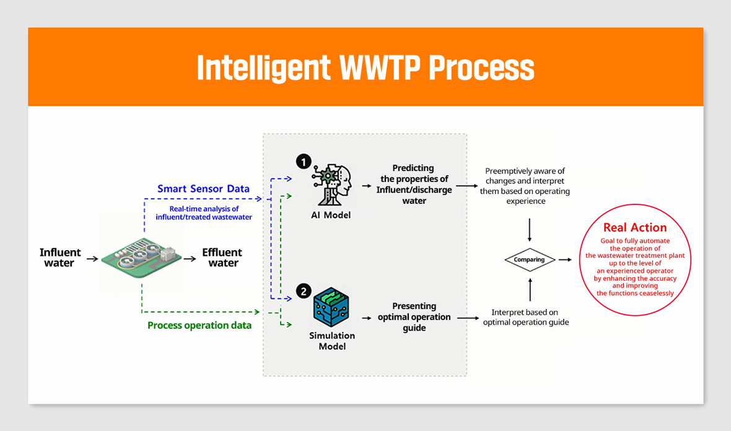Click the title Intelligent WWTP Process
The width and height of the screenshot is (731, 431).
(x=365, y=68)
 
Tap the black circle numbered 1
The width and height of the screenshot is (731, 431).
(x=304, y=162)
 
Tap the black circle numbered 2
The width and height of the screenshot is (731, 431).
(x=304, y=291)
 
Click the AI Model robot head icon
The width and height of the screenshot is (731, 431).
(x=331, y=185)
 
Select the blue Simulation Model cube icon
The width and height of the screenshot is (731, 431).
(x=331, y=307)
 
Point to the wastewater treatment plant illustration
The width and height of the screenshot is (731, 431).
(x=141, y=257)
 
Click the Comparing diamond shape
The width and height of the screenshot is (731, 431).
(x=530, y=260)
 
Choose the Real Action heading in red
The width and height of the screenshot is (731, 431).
(x=635, y=227)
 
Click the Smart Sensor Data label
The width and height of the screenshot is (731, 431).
(x=203, y=189)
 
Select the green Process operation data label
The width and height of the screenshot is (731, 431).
(x=199, y=325)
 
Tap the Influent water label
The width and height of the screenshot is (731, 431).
(x=59, y=258)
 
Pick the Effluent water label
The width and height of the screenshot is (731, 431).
(x=222, y=258)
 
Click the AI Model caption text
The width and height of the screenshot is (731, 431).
(x=331, y=215)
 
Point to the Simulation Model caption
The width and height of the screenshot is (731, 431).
(x=332, y=341)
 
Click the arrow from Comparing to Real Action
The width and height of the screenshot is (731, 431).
(x=565, y=259)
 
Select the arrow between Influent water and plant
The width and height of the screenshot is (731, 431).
(x=92, y=259)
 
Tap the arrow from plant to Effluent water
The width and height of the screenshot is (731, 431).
(x=190, y=259)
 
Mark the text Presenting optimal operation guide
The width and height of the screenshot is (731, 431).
(x=414, y=317)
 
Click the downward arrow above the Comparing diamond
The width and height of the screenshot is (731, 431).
(x=530, y=230)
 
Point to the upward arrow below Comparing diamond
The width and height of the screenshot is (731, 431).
(x=530, y=289)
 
